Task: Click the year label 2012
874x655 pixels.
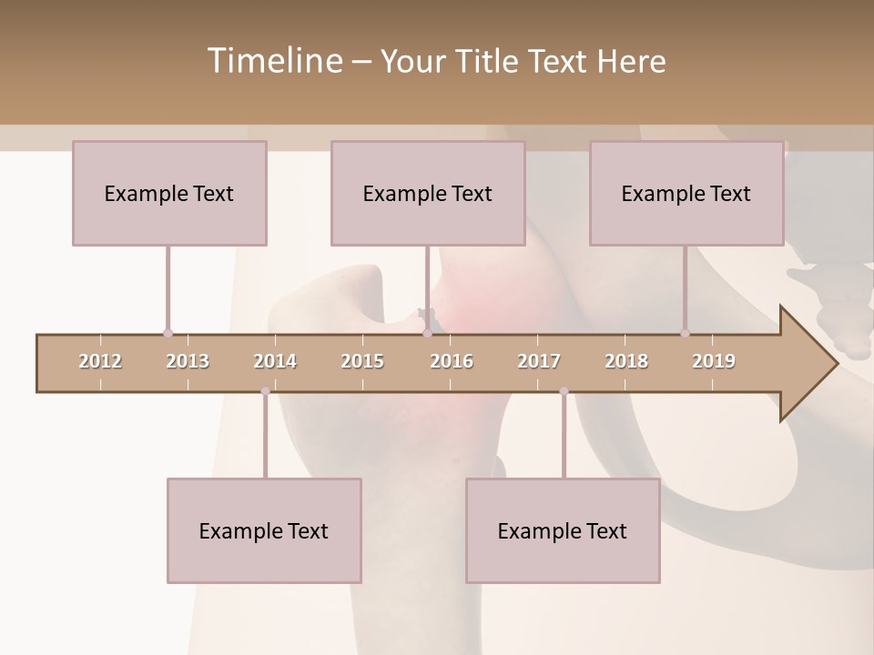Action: point(100,361)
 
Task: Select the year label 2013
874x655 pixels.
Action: point(188,361)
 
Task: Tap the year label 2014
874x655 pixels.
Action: point(275,361)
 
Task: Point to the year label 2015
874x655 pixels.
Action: point(362,361)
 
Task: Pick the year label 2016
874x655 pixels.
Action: point(452,361)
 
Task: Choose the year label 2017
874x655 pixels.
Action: point(539,361)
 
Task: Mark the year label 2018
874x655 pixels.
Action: point(626,361)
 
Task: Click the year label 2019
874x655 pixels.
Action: point(714,361)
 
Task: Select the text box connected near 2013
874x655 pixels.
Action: point(169,193)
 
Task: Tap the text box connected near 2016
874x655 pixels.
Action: point(428,193)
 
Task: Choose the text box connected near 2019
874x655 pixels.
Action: point(686,193)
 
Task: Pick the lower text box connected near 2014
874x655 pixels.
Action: point(264,530)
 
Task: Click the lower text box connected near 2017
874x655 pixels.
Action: point(563,530)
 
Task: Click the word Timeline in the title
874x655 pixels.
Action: point(273,61)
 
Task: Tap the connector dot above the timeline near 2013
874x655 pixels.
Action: point(168,333)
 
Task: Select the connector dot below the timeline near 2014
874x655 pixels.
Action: point(265,391)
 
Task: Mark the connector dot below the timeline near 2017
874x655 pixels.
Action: point(564,391)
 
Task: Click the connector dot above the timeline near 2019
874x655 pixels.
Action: point(685,333)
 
